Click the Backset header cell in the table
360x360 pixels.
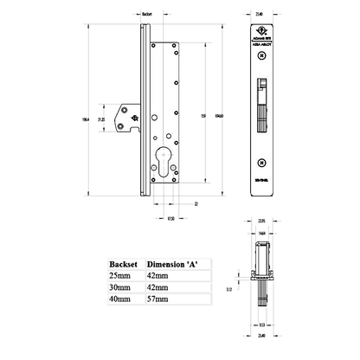pos(118,258)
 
